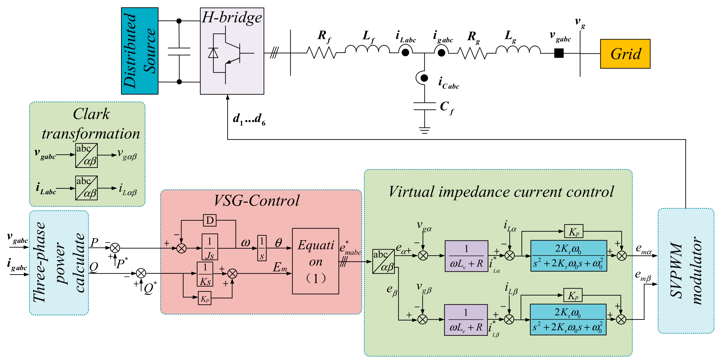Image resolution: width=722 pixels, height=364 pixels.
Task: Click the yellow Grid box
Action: point(625,54)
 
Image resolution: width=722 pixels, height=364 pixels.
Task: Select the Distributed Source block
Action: point(140,51)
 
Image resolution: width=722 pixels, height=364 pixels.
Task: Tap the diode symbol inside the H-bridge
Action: point(213,53)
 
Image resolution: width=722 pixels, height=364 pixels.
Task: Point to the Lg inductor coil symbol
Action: point(518,50)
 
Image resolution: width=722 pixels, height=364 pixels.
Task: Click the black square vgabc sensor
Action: point(559,53)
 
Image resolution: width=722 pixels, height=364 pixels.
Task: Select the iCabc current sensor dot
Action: point(424,78)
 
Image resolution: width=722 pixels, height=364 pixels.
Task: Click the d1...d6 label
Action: point(249,119)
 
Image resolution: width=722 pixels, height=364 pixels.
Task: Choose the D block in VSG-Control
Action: point(210,220)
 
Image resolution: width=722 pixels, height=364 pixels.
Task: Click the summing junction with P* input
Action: point(115,248)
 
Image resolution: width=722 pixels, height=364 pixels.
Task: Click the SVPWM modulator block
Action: point(685,271)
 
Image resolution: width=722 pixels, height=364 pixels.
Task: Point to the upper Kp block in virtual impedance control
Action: point(574,232)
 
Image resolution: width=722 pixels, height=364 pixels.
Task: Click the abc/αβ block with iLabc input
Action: point(86,188)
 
